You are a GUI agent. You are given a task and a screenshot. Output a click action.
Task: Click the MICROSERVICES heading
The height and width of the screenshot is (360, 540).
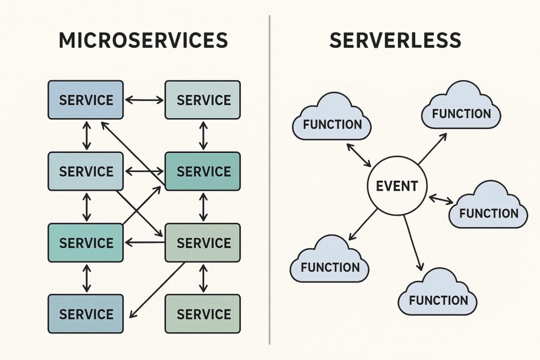click(143, 41)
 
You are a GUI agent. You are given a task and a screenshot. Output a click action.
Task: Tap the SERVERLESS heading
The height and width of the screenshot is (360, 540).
click(395, 41)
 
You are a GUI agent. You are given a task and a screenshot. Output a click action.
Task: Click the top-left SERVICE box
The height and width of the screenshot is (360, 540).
click(85, 100)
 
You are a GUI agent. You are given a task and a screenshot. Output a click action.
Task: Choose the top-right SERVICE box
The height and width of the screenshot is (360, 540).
click(203, 100)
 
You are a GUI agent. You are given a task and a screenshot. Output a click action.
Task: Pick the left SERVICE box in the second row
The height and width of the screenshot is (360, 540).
click(85, 171)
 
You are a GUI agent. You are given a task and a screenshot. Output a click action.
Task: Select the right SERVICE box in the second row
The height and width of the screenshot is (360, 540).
click(203, 171)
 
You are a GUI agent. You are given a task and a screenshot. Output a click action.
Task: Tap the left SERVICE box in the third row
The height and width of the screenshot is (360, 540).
click(85, 242)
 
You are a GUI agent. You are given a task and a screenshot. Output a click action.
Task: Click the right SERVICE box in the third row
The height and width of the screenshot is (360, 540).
click(203, 242)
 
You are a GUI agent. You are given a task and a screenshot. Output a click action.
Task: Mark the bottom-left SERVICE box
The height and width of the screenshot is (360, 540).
click(85, 314)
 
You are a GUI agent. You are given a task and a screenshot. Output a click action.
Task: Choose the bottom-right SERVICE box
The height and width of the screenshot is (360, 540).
click(203, 314)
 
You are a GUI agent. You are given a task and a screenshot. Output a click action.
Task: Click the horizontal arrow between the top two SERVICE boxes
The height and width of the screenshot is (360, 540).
click(144, 100)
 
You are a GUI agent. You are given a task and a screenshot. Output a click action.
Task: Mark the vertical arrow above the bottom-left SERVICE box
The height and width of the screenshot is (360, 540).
click(86, 279)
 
